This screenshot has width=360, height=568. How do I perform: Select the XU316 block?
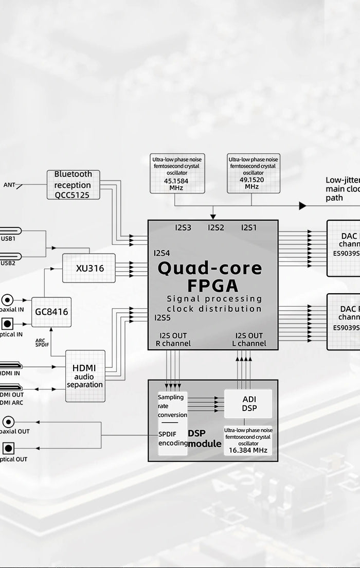point(88,268)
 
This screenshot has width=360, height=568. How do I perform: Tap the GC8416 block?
point(51,312)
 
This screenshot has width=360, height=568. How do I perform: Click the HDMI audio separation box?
point(85,376)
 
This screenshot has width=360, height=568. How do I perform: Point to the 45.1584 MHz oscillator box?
point(176,173)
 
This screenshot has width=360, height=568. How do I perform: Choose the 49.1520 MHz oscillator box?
point(253,173)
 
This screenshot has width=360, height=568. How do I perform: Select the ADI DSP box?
point(249,403)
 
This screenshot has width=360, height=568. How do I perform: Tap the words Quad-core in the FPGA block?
point(209,268)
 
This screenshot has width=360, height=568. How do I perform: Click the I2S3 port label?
point(183,227)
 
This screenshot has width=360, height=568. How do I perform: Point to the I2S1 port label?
point(249,227)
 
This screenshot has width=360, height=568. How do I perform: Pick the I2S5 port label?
point(162,317)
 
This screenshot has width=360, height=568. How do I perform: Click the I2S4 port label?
point(162,253)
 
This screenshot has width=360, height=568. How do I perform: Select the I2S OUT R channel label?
point(173,340)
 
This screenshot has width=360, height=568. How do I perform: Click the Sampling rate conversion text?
point(172,406)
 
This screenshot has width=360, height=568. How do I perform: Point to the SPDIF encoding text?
point(173,438)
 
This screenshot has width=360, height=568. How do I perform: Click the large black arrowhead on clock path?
point(302,206)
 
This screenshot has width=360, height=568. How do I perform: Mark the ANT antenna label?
point(9,185)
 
